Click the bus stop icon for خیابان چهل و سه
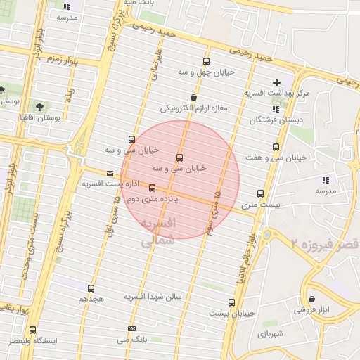[x=206, y=61]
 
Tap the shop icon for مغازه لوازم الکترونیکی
[x=193, y=98]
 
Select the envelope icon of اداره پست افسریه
[x=109, y=173]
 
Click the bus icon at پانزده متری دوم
[x=152, y=187]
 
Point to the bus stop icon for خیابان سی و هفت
[x=275, y=148]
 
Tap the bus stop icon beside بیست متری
[x=260, y=193]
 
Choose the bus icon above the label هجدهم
[x=91, y=288]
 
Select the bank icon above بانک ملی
[x=131, y=328]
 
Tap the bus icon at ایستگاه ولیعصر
[x=32, y=330]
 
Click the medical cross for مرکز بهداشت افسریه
[x=276, y=82]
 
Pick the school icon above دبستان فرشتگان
[x=276, y=109]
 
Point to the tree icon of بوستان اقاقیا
[x=39, y=106]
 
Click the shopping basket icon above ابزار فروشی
[x=310, y=298]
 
